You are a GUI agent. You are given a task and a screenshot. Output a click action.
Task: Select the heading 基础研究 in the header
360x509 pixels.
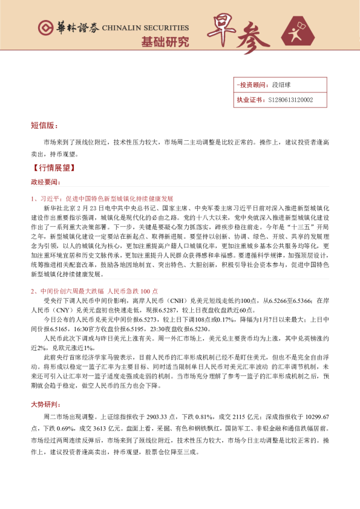click(x=165, y=42)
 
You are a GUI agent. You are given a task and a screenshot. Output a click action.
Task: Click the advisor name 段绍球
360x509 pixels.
click(x=282, y=86)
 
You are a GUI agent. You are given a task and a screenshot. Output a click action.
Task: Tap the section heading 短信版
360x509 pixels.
click(x=44, y=126)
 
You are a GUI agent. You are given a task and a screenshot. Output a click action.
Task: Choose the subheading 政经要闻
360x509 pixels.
click(x=45, y=181)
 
